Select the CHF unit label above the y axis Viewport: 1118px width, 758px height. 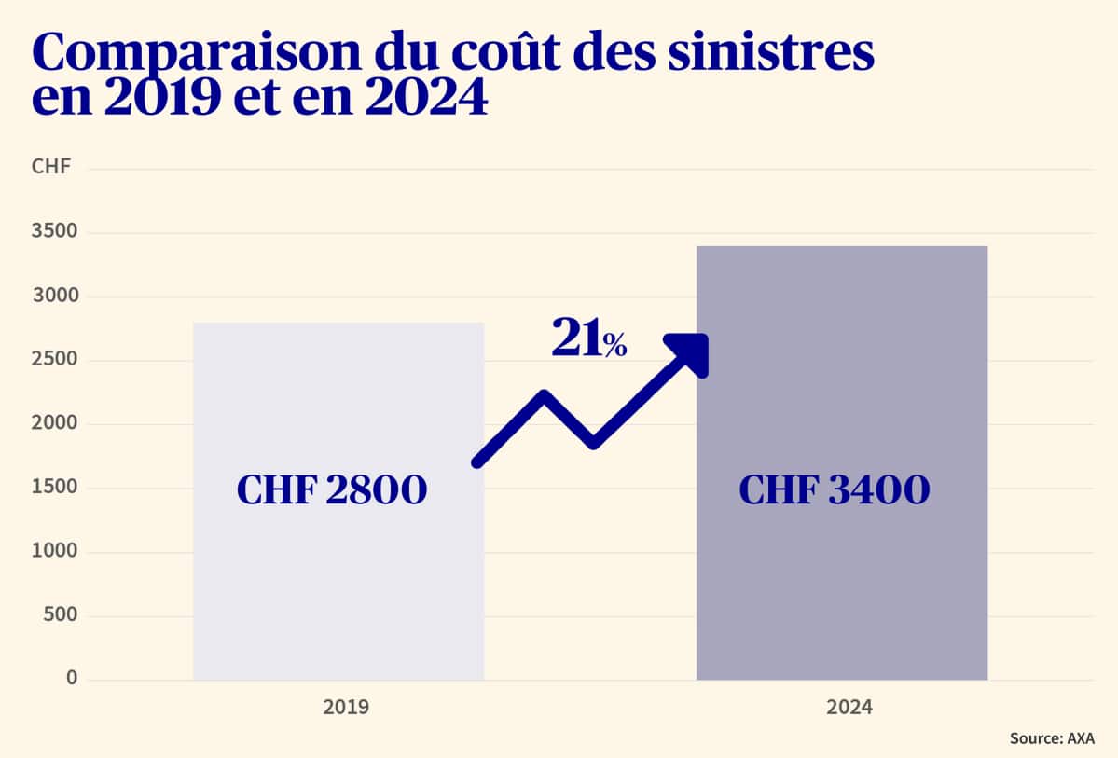pyautogui.click(x=46, y=168)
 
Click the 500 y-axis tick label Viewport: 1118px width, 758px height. pyautogui.click(x=58, y=615)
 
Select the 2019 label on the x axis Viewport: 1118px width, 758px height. pyautogui.click(x=346, y=708)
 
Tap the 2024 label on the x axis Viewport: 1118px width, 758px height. pyautogui.click(x=849, y=708)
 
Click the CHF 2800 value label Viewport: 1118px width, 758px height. pyautogui.click(x=332, y=490)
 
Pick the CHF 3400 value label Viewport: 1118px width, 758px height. pyautogui.click(x=835, y=490)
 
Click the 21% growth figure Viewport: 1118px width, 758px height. pyautogui.click(x=588, y=339)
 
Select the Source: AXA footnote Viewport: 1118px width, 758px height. pyautogui.click(x=1052, y=738)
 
